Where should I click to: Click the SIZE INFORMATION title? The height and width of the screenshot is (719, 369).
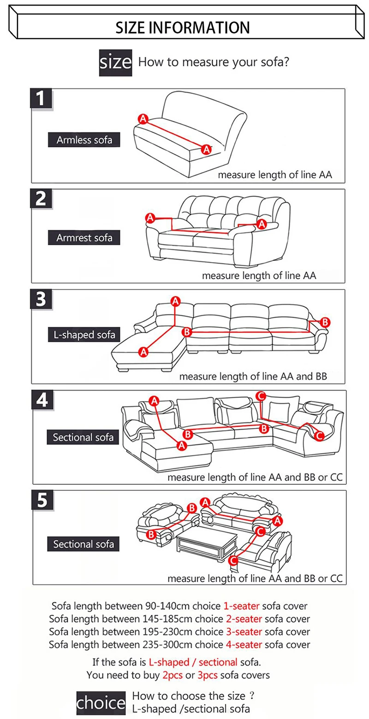[183, 27]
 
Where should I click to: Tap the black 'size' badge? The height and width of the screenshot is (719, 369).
[115, 62]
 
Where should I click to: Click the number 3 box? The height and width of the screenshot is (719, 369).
[42, 300]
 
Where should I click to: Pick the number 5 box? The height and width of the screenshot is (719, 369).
[42, 501]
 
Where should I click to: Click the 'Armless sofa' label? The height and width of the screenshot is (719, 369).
[84, 140]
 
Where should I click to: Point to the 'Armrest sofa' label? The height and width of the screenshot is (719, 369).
[84, 238]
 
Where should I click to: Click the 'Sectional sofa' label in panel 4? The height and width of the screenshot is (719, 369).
[83, 437]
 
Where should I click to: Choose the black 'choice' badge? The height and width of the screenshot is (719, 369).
[101, 703]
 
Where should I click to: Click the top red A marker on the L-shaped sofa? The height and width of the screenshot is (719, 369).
[175, 301]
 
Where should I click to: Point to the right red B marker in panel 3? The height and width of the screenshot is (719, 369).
[325, 322]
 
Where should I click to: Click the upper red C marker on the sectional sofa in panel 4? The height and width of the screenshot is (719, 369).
[261, 395]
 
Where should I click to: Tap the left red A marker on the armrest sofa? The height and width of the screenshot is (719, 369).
[149, 217]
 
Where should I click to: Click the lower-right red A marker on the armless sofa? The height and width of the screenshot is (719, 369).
[207, 148]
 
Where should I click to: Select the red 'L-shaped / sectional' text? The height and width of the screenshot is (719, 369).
[193, 662]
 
